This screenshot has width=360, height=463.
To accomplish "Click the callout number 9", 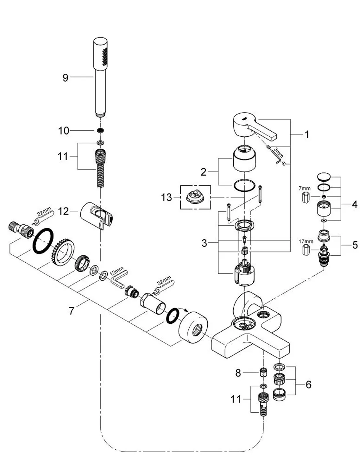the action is pos(66,78).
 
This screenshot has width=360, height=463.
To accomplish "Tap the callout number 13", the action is pos(166,197).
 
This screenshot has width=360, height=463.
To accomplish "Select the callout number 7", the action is pos(71,311).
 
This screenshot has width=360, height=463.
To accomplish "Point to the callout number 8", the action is pos(238,373).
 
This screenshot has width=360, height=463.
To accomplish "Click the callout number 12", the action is pos(63,212).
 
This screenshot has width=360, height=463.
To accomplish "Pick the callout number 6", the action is pos(309,385).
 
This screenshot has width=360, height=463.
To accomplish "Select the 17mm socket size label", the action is pos(306,241).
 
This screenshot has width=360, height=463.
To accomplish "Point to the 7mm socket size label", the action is pos(305,189).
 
